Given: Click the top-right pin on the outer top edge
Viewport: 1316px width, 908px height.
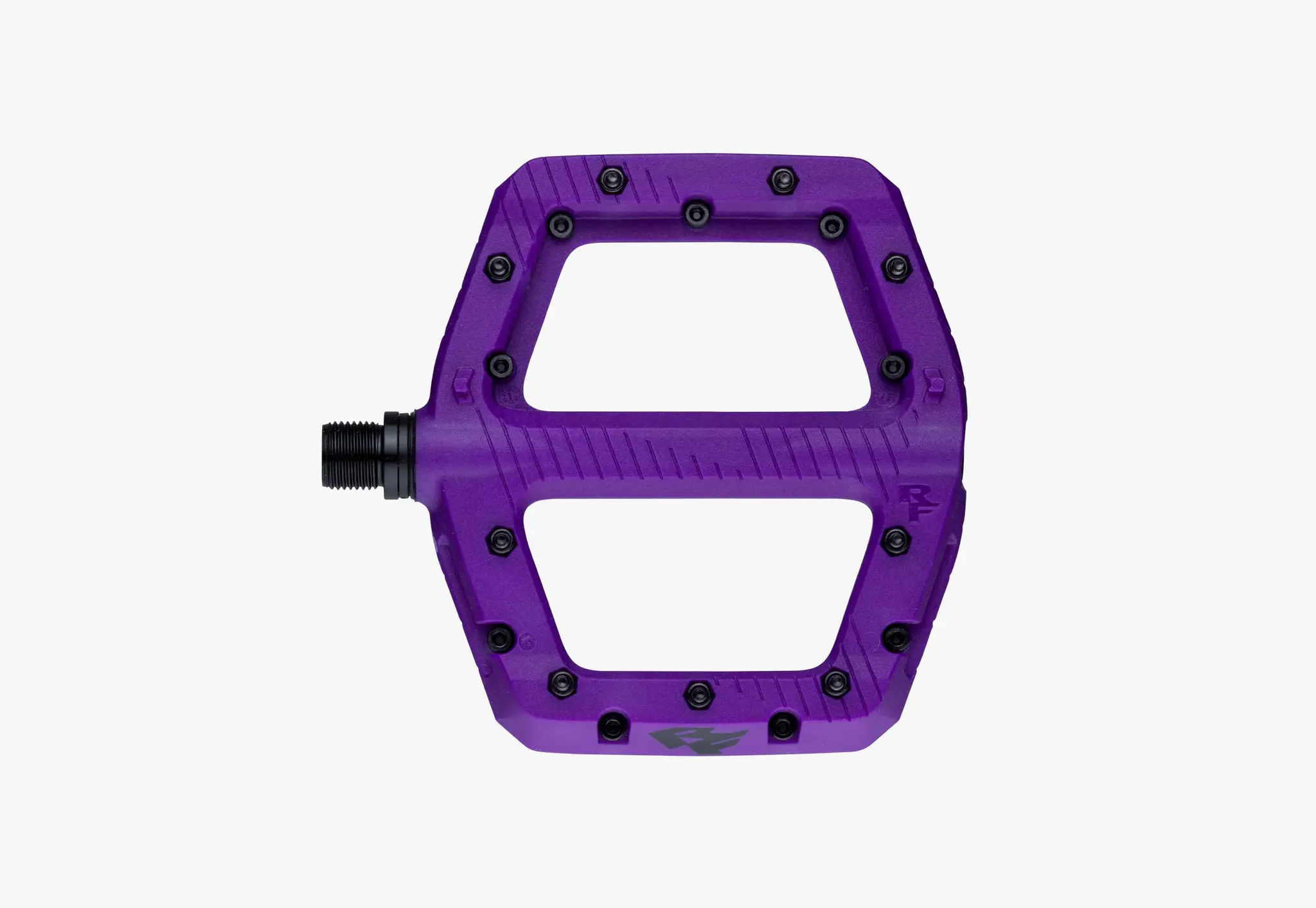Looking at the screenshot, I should [781, 179].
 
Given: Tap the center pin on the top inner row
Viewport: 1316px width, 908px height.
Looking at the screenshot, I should [697, 213].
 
